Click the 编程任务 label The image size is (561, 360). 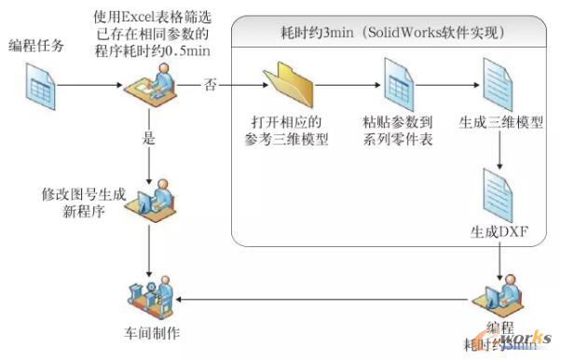[x=37, y=44]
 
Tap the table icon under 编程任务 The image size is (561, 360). [x=38, y=88]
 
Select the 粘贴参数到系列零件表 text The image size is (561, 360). [x=395, y=131]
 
